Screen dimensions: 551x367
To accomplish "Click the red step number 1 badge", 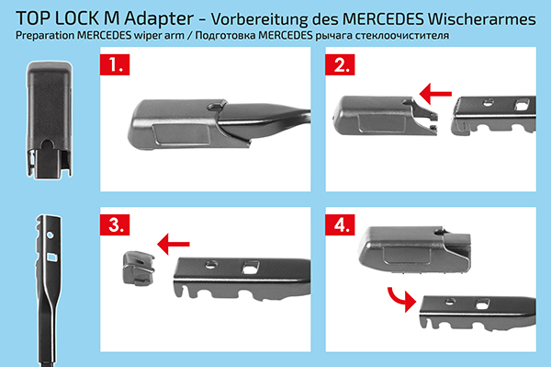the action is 115,64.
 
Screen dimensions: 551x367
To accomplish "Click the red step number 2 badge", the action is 340,64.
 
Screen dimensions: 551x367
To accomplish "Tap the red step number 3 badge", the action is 115,224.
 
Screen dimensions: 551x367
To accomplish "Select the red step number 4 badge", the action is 340,224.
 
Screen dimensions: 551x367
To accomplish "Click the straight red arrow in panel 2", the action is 435,94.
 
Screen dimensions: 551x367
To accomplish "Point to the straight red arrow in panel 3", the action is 174,244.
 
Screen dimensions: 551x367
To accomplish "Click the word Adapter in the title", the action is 159,18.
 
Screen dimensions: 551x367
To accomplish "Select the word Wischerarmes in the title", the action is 482,19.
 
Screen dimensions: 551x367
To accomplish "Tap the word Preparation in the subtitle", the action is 45,36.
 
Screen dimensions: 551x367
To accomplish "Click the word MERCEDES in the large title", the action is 383,19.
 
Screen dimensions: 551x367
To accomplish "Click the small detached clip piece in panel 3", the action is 138,268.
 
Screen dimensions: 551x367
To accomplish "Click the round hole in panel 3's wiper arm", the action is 211,264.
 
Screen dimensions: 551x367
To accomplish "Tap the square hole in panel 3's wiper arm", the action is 251,267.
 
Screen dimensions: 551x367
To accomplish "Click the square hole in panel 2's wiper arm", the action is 522,104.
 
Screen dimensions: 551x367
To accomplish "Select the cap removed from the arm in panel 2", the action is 385,115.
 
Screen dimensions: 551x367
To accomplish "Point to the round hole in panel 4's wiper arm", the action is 450,301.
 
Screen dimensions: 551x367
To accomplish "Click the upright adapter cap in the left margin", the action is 50,120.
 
